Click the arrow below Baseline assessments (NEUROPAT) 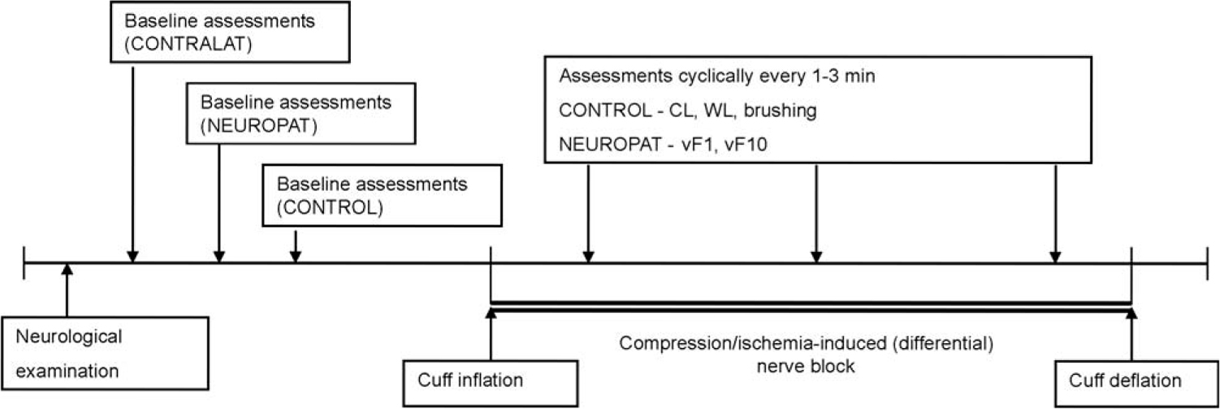218,203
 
